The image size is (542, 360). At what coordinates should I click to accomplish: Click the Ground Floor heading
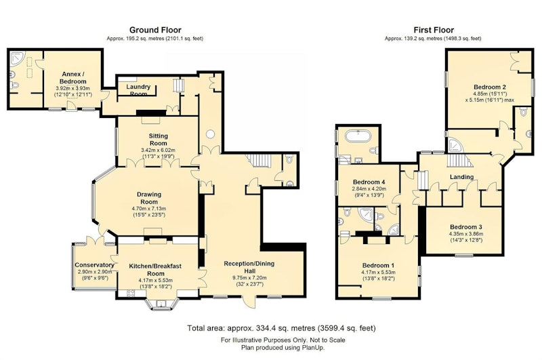tap(155, 30)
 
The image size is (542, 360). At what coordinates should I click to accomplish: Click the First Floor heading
tap(434, 30)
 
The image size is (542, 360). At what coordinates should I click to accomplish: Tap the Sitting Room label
tap(159, 140)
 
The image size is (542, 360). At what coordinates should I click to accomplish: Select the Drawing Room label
tap(149, 198)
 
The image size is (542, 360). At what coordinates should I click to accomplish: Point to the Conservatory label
tap(94, 265)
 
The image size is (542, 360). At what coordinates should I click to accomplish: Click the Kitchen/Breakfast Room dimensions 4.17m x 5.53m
tap(156, 281)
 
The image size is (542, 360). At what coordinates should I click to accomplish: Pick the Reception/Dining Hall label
tap(249, 267)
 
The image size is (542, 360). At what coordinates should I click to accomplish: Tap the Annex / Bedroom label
tap(73, 77)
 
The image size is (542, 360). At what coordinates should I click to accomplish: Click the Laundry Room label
tap(138, 90)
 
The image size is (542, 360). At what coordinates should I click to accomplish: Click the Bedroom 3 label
tap(466, 227)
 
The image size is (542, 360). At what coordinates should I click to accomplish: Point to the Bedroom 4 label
tap(369, 182)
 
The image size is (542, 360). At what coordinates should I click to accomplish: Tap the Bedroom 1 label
tap(379, 266)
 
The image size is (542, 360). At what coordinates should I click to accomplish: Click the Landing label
tap(462, 177)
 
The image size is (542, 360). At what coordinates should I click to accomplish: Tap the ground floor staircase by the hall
tap(259, 161)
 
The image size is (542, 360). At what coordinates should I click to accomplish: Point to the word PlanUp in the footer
tap(312, 348)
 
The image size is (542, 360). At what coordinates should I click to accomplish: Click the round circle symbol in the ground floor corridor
tap(211, 134)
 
